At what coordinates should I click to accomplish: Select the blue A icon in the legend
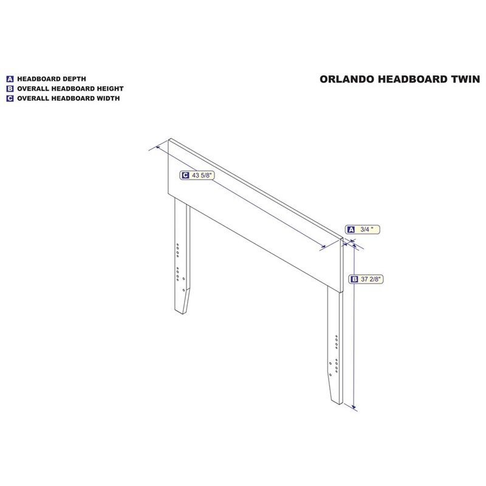click(10, 79)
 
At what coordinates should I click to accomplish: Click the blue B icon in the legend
click(10, 89)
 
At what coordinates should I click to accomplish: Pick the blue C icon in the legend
click(10, 98)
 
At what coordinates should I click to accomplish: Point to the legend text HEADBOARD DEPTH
click(52, 79)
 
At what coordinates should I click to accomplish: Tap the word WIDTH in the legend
click(108, 98)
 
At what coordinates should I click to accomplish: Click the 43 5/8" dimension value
click(202, 176)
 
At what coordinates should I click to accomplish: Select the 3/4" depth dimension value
click(366, 230)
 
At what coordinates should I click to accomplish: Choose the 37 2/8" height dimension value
click(371, 279)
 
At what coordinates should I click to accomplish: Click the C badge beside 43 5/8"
click(185, 176)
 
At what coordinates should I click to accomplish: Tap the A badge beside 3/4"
click(351, 230)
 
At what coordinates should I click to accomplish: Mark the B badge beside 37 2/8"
click(354, 279)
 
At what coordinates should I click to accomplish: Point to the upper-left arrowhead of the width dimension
click(158, 147)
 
